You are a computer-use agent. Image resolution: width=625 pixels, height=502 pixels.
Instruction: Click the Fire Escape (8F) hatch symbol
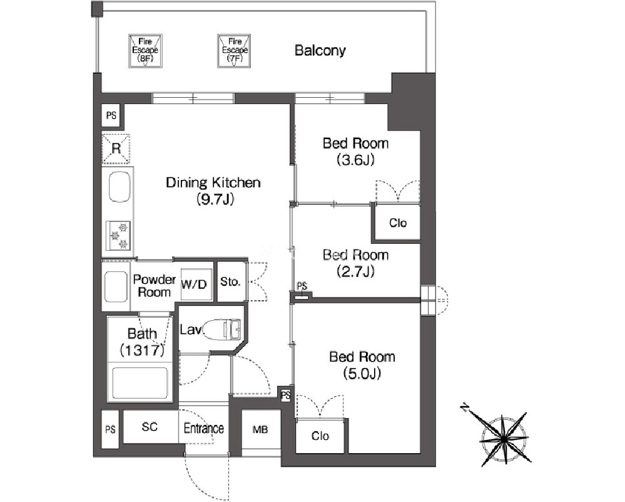tap(145, 51)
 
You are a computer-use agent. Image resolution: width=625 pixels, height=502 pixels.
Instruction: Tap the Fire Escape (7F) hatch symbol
tap(234, 51)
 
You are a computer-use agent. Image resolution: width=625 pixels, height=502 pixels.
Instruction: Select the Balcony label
tap(320, 50)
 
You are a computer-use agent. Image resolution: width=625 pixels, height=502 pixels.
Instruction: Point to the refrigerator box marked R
tap(116, 149)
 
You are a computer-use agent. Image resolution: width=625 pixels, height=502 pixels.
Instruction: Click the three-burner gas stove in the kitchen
tap(118, 236)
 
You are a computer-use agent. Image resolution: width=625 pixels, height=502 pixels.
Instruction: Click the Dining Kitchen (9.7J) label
tap(213, 191)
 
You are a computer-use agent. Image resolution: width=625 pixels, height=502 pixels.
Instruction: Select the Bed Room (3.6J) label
tap(355, 152)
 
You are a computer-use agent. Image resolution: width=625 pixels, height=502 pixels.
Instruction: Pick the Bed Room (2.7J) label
tap(355, 263)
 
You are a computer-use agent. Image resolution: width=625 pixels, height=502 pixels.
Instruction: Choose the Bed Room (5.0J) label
tap(362, 365)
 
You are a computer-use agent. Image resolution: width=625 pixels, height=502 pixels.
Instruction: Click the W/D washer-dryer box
tap(194, 284)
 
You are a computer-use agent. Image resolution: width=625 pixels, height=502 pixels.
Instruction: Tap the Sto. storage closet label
tap(230, 281)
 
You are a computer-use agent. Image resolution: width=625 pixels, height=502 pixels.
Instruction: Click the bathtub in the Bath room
tap(140, 383)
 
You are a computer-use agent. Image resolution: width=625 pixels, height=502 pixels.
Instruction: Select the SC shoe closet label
tap(150, 427)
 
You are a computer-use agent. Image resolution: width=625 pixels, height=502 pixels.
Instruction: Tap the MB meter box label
tap(260, 430)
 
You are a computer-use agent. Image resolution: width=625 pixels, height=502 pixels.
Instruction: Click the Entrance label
tap(203, 429)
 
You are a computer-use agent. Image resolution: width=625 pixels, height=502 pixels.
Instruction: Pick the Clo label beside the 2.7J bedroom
tap(398, 223)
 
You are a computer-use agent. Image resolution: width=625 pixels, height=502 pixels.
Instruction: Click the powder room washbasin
tap(116, 286)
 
